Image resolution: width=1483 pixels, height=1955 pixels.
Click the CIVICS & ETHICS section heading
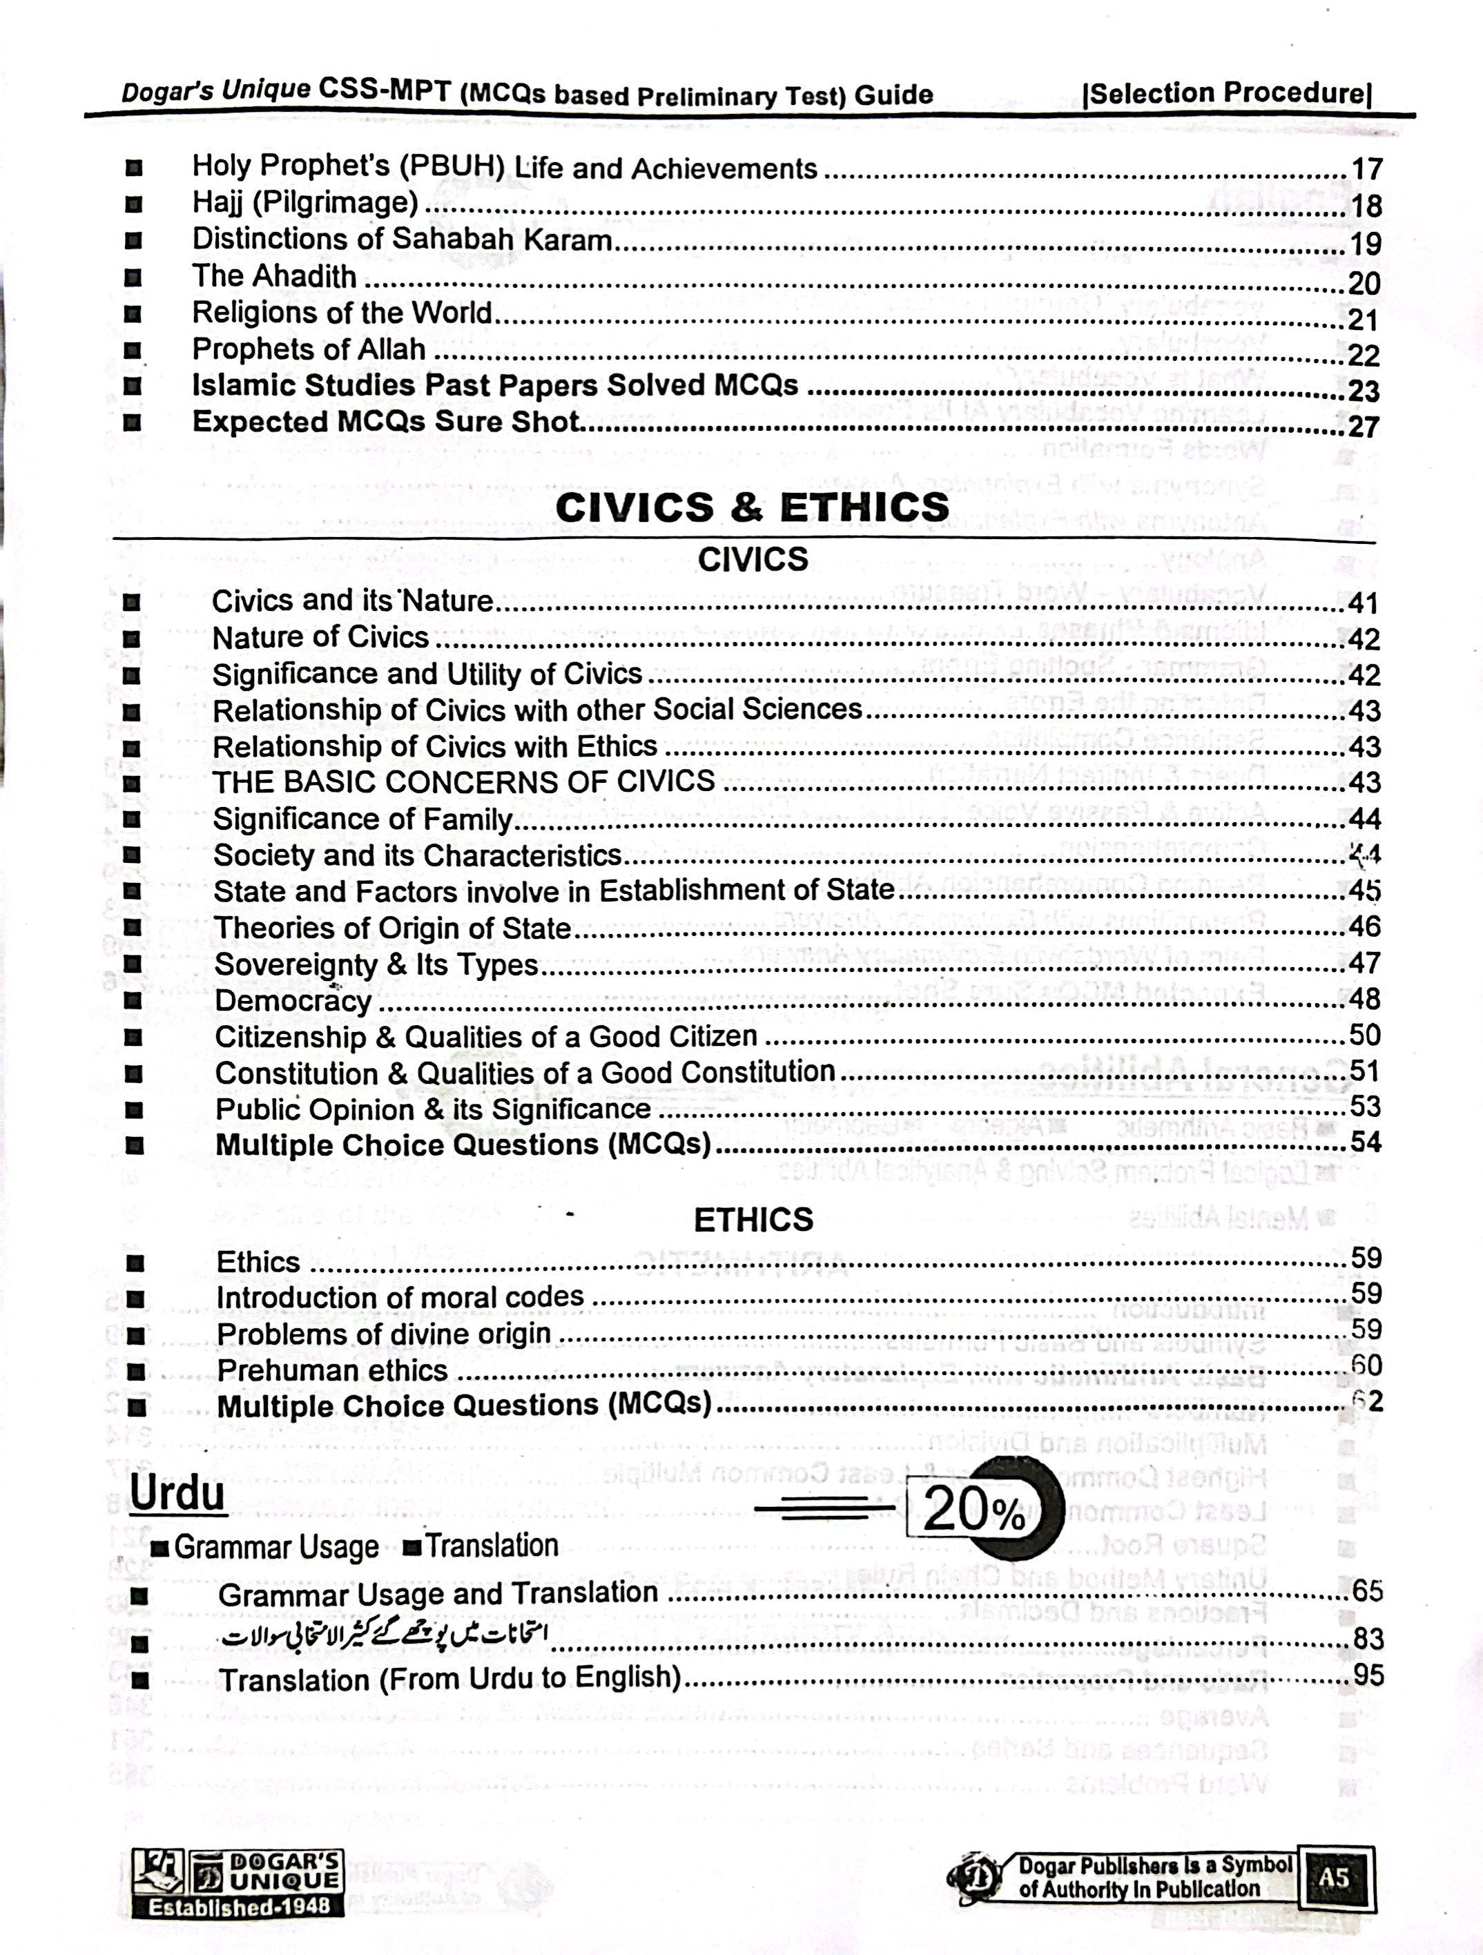[752, 507]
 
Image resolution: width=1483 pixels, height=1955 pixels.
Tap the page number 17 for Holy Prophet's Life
[1366, 169]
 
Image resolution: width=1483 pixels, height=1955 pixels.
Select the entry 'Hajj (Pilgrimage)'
[305, 203]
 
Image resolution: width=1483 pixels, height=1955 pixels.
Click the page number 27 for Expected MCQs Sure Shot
[1364, 427]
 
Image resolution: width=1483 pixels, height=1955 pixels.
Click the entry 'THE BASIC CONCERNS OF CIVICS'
[463, 782]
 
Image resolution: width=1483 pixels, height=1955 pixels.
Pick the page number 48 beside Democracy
[1364, 999]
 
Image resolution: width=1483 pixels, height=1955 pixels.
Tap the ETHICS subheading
[753, 1220]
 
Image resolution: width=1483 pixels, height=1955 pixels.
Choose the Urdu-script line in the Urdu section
[385, 1636]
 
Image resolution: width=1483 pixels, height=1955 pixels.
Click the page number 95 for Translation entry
[1367, 1675]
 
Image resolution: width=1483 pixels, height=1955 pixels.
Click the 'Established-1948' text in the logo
[237, 1907]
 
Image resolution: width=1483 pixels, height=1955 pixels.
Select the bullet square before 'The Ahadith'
[133, 278]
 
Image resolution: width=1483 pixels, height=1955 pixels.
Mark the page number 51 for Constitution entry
[1364, 1071]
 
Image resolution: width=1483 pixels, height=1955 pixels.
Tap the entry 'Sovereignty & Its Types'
[376, 964]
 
